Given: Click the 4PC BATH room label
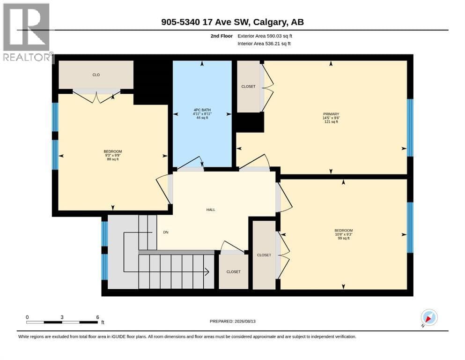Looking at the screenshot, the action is coord(202,110).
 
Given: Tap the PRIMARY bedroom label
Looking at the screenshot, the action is coord(331,114).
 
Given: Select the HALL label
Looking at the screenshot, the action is coord(211,210).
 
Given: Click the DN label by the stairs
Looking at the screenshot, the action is coord(166,232).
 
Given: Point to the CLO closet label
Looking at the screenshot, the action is coord(96,75).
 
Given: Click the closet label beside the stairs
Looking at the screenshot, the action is coord(233,271).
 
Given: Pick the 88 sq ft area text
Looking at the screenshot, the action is coord(113,159).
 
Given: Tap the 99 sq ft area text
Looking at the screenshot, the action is coord(344,238).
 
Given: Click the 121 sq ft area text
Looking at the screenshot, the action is coord(331,122).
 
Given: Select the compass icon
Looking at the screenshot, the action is coord(429,317).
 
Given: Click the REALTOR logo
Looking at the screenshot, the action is coord(26,32).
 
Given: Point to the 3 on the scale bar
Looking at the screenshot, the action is coord(62,317).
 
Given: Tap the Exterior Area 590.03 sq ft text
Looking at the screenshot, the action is coord(265,36).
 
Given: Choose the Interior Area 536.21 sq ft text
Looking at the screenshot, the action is coord(264,44).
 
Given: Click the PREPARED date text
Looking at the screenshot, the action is coord(232,321).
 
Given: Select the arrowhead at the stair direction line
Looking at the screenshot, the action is coord(207,271).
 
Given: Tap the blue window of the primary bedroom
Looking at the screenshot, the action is coord(410,127).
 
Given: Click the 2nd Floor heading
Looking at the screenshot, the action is coord(221,36).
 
